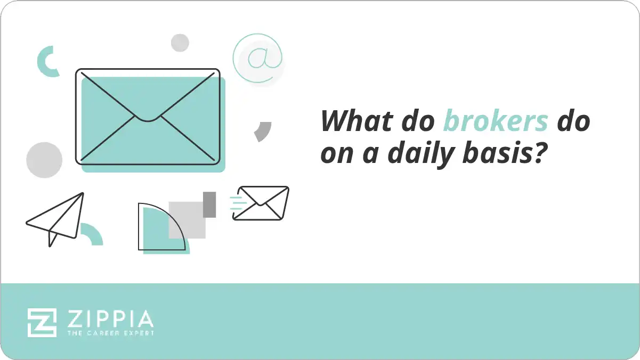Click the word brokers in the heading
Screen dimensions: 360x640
[x=496, y=121]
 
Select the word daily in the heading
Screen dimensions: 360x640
[x=418, y=154]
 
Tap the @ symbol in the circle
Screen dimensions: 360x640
[x=258, y=58]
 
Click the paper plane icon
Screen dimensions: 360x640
[x=56, y=218]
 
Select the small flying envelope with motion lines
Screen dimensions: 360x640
[x=261, y=203]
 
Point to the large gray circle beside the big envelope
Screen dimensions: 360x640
[x=44, y=160]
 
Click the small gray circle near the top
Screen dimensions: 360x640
[x=180, y=43]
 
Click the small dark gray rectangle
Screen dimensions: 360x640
[x=209, y=204]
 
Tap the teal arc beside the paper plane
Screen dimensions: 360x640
[x=92, y=234]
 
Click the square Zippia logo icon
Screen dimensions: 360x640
[x=42, y=322]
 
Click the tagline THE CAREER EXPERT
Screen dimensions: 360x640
[x=110, y=333]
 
